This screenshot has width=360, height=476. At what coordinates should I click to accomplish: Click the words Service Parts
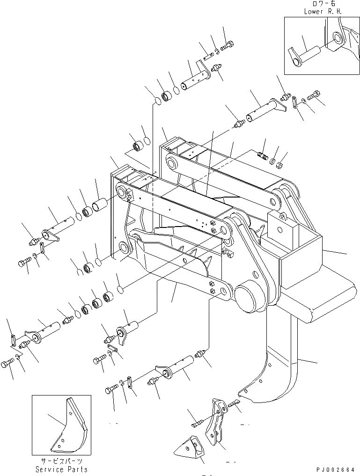tap(61, 469)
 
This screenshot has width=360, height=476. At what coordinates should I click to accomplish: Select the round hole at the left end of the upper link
tap(122, 192)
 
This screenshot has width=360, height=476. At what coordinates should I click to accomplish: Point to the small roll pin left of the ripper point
tap(197, 424)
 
